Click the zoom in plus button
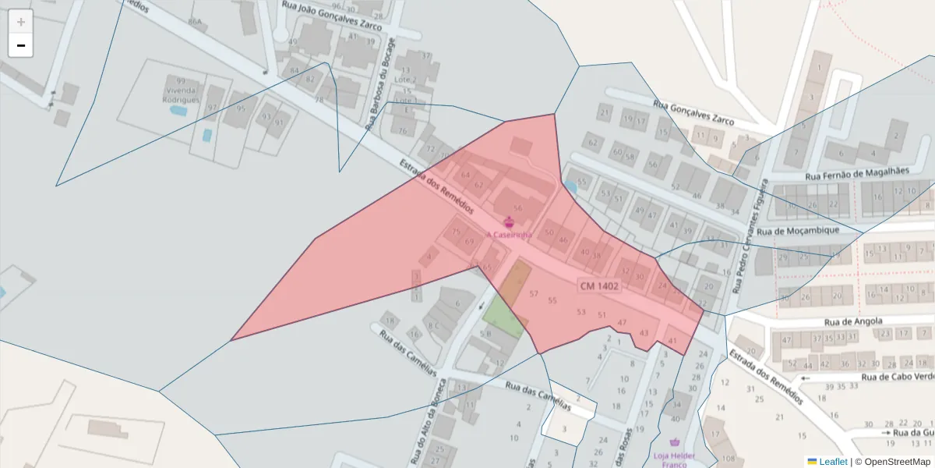[x=21, y=22]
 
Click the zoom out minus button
[x=21, y=45]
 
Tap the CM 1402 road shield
[x=599, y=286]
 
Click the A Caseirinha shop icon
[x=509, y=222]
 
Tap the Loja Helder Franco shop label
[x=669, y=459]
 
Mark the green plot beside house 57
[x=503, y=319]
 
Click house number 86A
[x=195, y=23]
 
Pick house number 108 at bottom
[x=729, y=458]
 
